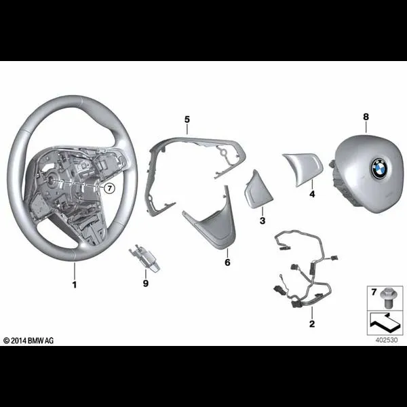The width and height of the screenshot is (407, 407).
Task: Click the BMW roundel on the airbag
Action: tap(379, 168)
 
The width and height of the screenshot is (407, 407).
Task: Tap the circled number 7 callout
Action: tap(109, 188)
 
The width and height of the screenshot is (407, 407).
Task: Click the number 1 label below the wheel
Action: tap(75, 285)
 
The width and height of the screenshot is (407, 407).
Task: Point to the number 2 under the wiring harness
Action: tap(312, 324)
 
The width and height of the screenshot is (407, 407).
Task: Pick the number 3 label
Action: tap(263, 220)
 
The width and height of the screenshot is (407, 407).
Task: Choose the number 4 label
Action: tap(312, 194)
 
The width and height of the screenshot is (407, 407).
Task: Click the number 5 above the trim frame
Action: tap(187, 119)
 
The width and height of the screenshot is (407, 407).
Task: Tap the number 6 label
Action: tap(227, 263)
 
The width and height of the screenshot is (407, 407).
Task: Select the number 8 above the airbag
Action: tap(366, 117)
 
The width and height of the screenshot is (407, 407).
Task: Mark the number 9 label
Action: tap(146, 283)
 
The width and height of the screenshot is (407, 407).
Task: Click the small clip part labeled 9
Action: tap(144, 258)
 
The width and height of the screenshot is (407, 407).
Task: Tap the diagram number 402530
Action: tap(386, 340)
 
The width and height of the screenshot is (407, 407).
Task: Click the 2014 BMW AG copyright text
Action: tap(28, 341)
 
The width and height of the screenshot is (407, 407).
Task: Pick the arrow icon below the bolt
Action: tap(385, 322)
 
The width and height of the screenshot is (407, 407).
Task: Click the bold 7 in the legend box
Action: tap(374, 292)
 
